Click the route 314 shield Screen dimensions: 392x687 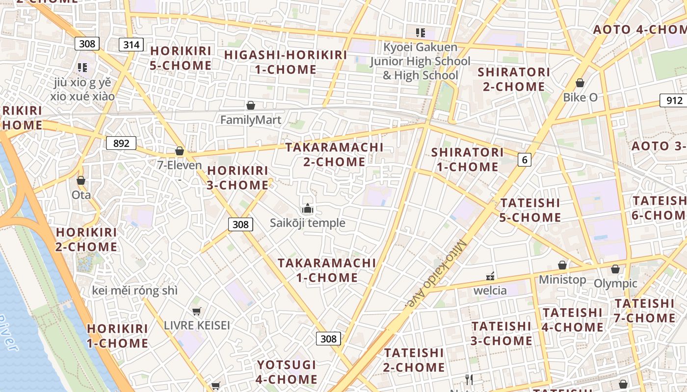132,45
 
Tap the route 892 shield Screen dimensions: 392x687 121,143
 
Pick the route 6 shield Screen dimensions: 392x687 525,159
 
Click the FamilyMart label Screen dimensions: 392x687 251,120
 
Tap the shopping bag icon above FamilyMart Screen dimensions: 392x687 251,105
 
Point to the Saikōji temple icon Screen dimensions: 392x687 308,209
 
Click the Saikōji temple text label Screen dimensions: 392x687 308,223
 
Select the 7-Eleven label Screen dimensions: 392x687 180,165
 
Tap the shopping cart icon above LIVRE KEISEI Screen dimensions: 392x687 197,311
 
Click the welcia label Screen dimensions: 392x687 490,290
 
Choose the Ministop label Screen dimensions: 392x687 562,279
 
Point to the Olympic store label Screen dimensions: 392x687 615,283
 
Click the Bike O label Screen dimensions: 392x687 580,97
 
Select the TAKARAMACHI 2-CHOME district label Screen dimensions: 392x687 334,154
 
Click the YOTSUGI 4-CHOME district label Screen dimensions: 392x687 287,372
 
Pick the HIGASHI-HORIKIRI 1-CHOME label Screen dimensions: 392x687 286,62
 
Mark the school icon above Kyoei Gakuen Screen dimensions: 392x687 420,33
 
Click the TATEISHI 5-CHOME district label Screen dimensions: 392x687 530,210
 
